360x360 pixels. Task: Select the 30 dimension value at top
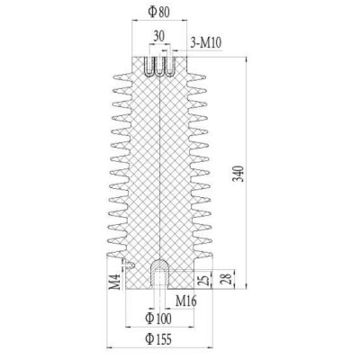(158, 35)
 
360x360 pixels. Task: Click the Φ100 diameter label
(158, 319)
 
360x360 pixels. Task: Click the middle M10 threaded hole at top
(158, 67)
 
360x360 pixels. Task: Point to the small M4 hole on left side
(131, 265)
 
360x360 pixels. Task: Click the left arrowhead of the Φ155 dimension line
(109, 346)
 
